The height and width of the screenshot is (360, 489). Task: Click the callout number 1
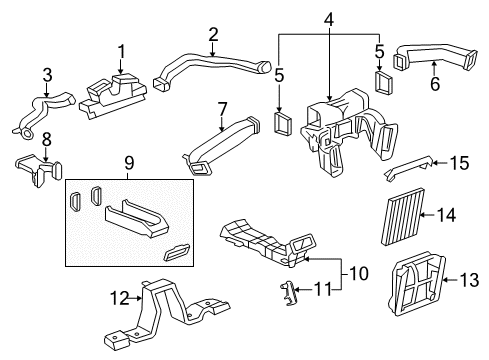(121, 52)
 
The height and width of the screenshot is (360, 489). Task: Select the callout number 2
(213, 35)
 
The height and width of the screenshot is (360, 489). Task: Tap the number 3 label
(48, 75)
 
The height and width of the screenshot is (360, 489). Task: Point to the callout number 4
(328, 21)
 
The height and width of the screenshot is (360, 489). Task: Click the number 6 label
(435, 83)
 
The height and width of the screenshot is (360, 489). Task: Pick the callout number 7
(222, 109)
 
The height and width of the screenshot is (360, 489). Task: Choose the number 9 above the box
(129, 163)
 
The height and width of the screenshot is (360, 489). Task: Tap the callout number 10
(359, 273)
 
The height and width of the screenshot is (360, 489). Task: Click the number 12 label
(119, 298)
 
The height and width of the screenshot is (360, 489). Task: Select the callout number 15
(459, 163)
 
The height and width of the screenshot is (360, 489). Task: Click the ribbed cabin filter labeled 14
(402, 217)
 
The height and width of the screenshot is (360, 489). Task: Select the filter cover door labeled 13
(417, 283)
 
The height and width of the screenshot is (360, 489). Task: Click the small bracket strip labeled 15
(409, 167)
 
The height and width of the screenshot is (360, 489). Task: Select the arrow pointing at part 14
(427, 215)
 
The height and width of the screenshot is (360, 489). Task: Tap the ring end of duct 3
(26, 134)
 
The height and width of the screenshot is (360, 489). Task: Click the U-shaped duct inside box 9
(137, 218)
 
